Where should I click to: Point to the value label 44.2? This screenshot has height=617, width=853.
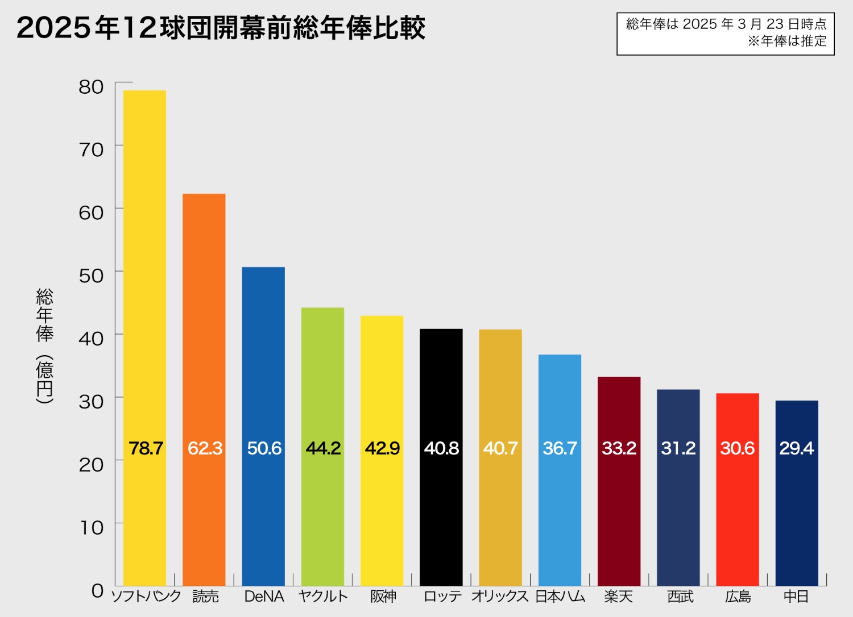(x=323, y=448)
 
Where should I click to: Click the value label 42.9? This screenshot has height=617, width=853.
(x=382, y=448)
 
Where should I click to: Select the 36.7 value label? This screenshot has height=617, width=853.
(x=560, y=448)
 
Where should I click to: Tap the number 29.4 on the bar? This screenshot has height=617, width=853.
(x=796, y=448)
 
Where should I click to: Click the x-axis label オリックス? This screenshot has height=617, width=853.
(x=500, y=597)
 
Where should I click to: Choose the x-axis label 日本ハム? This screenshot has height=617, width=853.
(x=560, y=597)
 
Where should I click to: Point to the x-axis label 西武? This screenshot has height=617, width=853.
(x=680, y=597)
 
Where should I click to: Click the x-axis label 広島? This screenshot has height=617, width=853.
(x=738, y=597)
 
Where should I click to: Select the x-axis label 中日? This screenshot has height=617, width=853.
(x=796, y=597)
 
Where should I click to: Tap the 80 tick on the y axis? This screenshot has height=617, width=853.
(x=91, y=87)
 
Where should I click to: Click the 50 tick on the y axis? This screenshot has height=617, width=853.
(x=91, y=276)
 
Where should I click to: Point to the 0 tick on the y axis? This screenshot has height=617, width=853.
(x=98, y=591)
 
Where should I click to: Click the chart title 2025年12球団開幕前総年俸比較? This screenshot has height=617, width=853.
(x=221, y=28)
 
